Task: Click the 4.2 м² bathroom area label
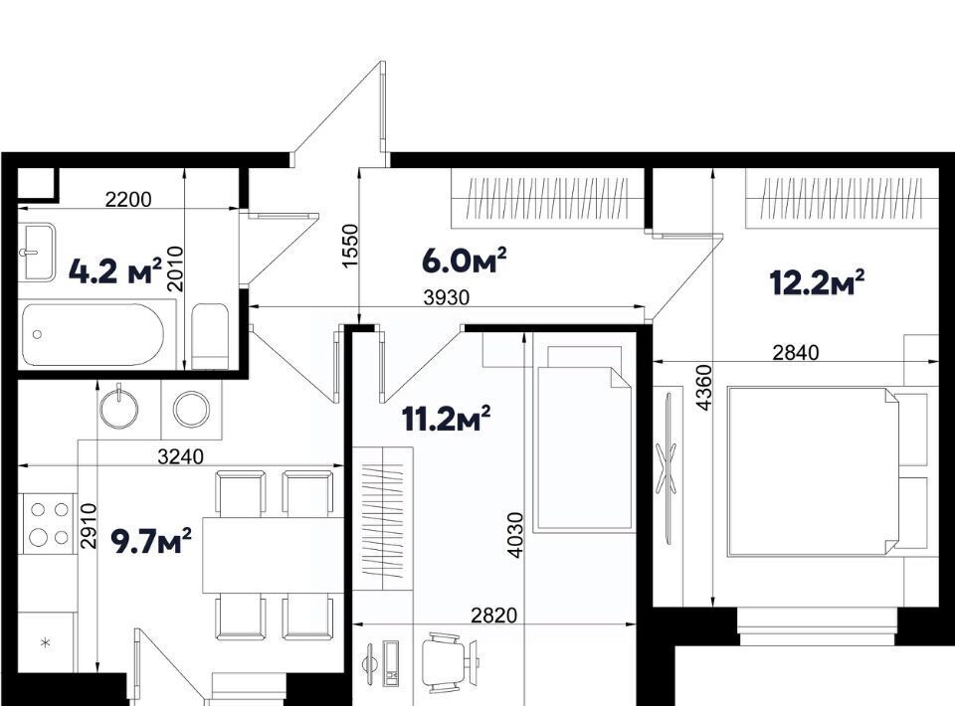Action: (115, 271)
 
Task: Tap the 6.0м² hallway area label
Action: (465, 261)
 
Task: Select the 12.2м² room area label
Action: (817, 282)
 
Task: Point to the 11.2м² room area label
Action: (447, 420)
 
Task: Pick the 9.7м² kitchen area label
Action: (151, 542)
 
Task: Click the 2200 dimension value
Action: (128, 199)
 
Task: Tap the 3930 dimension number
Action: (447, 297)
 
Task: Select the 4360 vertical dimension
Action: (703, 388)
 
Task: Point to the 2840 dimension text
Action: (796, 352)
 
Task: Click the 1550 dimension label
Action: (349, 246)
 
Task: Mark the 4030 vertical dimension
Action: (515, 535)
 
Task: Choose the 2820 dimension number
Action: (494, 616)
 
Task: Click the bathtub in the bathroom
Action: (93, 334)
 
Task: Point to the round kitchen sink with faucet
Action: (119, 407)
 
